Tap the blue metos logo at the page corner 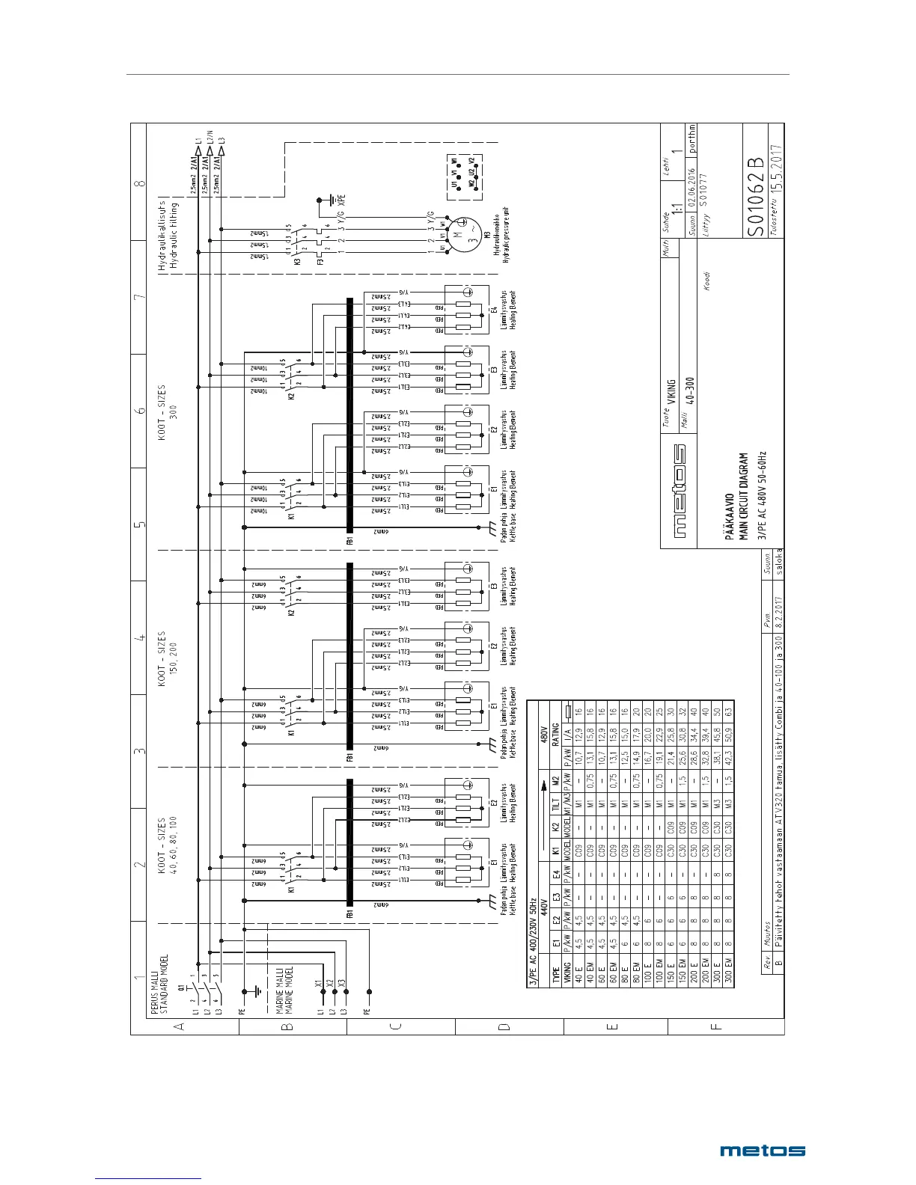point(763,1151)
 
